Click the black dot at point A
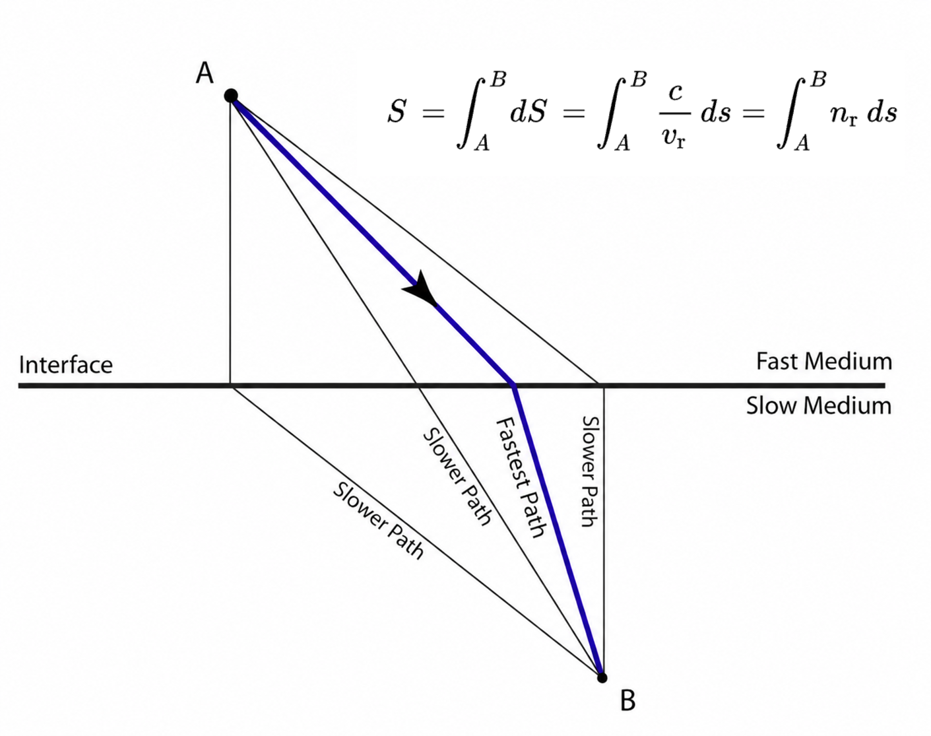coord(231,96)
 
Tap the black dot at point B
coord(602,677)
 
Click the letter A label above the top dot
coord(205,73)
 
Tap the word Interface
coord(66,365)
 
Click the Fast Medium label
coord(824,361)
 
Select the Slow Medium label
coord(819,406)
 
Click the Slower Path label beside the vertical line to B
coord(589,471)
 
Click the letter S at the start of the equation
coord(397,112)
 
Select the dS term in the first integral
coord(529,112)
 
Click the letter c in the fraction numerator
coord(675,92)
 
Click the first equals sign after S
coord(433,114)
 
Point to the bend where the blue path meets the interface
coord(513,385)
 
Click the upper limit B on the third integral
coord(818,80)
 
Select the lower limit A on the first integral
coord(482,143)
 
